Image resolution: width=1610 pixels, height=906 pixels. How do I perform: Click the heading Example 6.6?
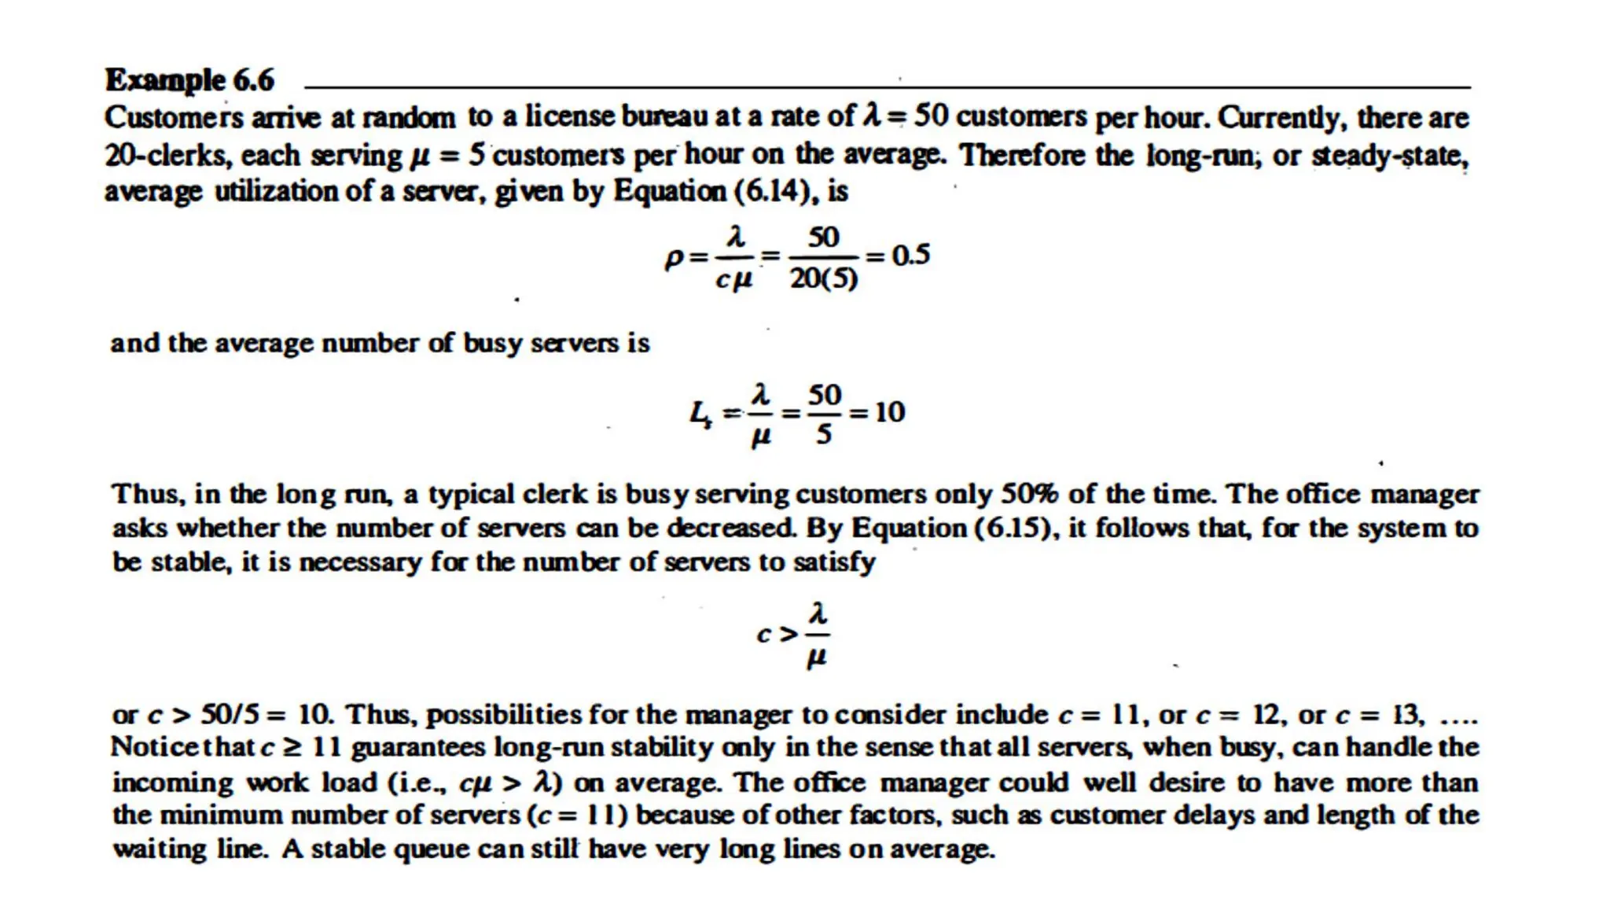[x=189, y=80]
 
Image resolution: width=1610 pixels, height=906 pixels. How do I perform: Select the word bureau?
[x=665, y=116]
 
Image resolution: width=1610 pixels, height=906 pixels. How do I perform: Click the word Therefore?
[x=1046, y=154]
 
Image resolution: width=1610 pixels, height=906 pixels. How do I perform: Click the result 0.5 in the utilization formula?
[x=910, y=255]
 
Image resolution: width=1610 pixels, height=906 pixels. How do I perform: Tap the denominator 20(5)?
[x=823, y=278]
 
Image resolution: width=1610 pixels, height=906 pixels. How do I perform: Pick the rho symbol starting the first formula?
[x=674, y=258]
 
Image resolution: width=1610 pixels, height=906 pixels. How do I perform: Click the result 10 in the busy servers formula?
[x=889, y=412]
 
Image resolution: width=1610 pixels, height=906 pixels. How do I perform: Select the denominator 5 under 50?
[x=823, y=434]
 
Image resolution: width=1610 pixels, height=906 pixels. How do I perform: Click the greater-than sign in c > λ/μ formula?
[x=788, y=634]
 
